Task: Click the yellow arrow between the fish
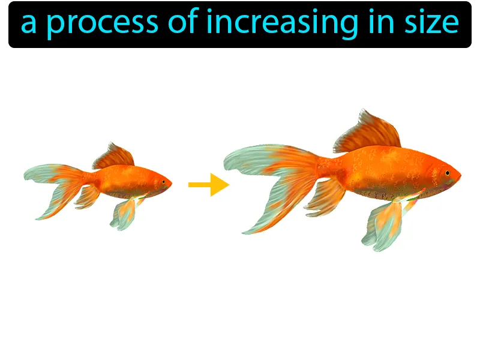click(209, 185)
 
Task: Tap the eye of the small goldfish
click(163, 181)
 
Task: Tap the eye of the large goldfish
click(447, 173)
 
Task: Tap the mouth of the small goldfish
click(171, 183)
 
